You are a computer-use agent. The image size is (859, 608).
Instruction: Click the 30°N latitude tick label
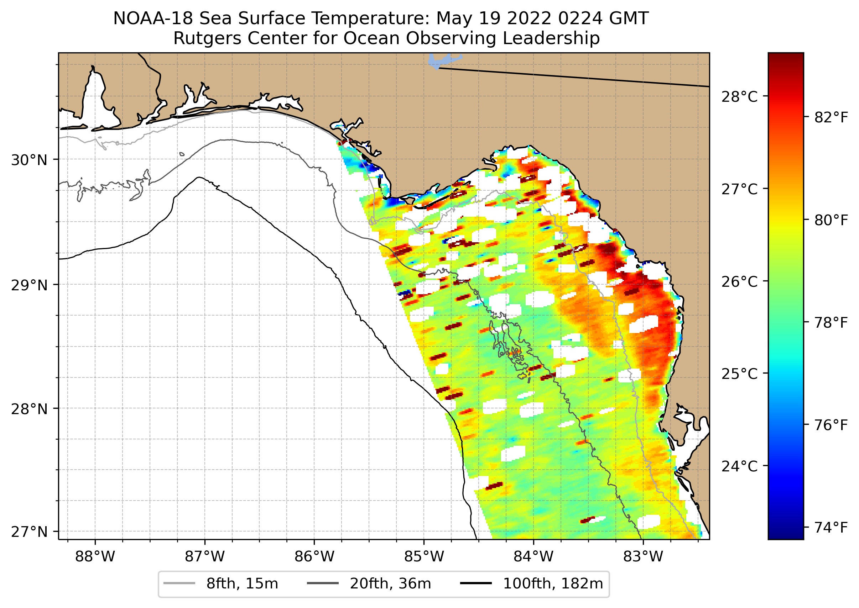(29, 160)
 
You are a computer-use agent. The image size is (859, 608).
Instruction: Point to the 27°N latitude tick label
(29, 532)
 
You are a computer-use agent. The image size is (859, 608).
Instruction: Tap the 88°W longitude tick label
(95, 557)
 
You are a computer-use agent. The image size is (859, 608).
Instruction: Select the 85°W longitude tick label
(424, 557)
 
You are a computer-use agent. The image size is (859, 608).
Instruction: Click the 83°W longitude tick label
(643, 557)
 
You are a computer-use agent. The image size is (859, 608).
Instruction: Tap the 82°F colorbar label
(831, 117)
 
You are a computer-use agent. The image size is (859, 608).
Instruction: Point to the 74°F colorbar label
(831, 528)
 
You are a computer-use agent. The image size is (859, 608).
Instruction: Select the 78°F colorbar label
(831, 322)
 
